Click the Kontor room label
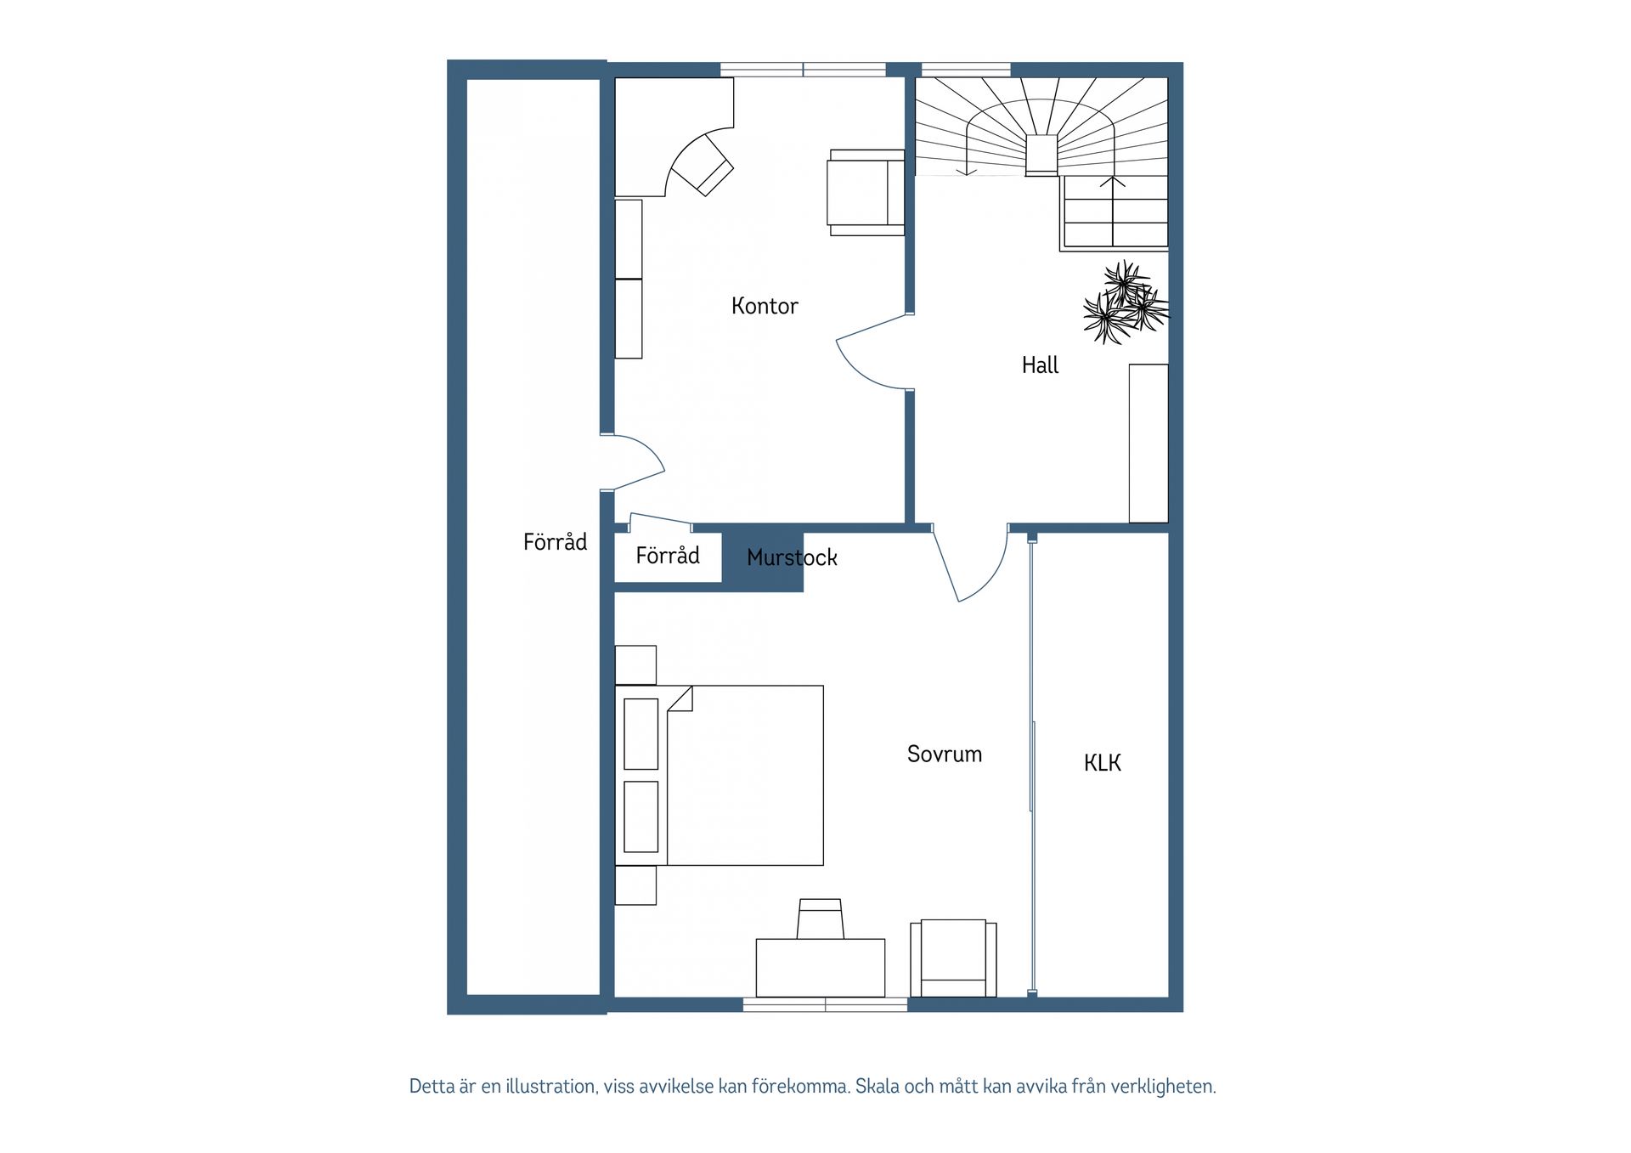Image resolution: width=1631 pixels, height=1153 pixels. [765, 306]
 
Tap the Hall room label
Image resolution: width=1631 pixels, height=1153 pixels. [1040, 365]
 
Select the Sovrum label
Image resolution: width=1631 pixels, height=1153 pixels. [945, 754]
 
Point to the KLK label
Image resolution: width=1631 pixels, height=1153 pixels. [1102, 763]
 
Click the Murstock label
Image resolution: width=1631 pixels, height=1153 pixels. [792, 557]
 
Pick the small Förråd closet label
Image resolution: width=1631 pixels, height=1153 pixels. [668, 555]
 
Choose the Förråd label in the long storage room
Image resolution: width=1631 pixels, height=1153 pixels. [555, 541]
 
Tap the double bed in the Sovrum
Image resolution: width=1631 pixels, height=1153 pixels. [720, 776]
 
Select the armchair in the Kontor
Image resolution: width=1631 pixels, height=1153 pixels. [866, 193]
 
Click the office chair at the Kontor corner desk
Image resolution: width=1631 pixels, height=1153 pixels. [702, 165]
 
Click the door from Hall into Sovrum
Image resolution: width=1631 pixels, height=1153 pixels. [970, 562]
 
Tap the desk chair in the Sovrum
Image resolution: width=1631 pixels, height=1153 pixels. [821, 918]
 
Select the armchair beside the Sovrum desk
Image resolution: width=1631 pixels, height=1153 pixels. [953, 958]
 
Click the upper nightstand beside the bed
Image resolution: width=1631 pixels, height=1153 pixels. [635, 665]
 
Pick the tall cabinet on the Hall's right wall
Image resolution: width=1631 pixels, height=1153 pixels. [1148, 444]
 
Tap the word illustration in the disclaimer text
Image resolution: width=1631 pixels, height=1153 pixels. [552, 1086]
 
